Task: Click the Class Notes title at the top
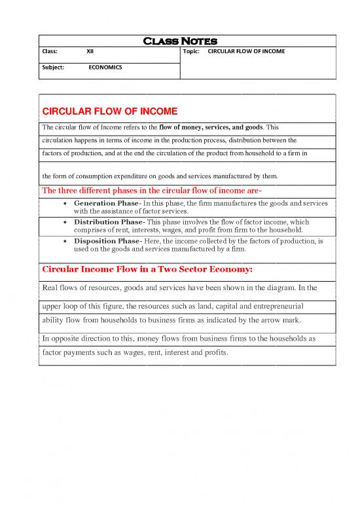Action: click(179, 41)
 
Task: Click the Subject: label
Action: click(54, 67)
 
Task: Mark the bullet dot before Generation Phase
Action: click(66, 204)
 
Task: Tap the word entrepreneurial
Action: click(274, 306)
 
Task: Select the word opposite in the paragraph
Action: click(68, 339)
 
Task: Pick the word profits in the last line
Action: click(212, 352)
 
